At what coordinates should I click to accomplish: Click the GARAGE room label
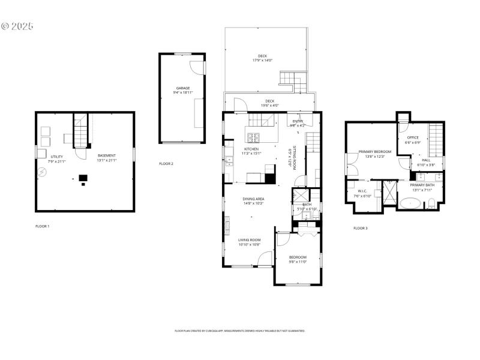point(183,88)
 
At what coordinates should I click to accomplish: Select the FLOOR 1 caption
point(42,226)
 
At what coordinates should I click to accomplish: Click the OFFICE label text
point(413,137)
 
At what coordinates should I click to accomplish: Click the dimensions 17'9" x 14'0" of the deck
point(263,61)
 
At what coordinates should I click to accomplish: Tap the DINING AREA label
point(254,199)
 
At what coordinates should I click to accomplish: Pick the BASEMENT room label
point(107,155)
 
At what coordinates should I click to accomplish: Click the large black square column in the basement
point(83,178)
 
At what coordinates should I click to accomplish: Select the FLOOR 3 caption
point(361,228)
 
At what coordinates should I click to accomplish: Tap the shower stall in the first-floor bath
point(299,197)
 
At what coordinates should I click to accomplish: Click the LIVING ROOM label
point(249,239)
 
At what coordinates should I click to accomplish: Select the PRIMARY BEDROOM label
point(374,152)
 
